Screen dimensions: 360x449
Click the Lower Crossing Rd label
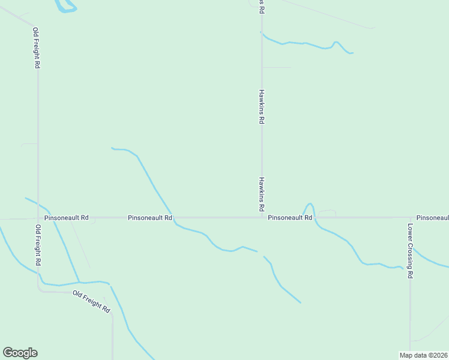410,251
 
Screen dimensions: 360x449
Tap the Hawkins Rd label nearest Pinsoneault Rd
262,194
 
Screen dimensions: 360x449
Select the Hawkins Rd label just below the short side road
262,107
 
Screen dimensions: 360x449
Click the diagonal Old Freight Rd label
92,301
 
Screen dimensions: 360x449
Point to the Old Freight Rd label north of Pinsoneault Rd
37,48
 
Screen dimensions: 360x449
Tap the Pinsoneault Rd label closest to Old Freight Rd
67,218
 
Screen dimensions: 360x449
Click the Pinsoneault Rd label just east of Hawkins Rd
290,218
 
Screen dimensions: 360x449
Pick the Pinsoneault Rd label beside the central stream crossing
150,218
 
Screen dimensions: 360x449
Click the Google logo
20,353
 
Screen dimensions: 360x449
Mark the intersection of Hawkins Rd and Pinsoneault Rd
262,218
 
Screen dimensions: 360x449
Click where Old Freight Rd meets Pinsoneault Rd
38,218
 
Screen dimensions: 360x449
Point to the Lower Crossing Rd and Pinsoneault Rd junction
411,218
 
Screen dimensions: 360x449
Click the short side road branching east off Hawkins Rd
276,68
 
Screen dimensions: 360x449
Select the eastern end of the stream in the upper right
352,53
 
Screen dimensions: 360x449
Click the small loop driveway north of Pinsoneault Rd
327,212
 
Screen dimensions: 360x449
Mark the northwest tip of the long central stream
112,148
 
